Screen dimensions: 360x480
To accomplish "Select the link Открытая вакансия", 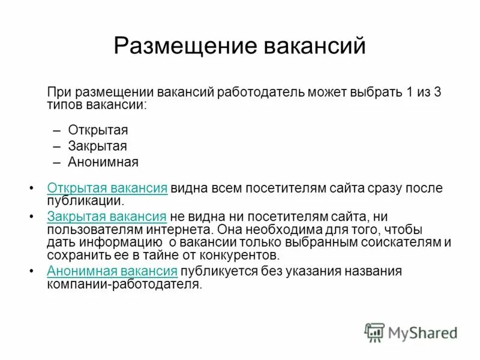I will point(107,188).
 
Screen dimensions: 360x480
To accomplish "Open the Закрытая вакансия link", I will point(106,217).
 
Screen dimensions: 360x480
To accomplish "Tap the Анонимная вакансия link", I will point(112,271).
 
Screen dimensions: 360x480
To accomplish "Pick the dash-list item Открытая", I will point(98,130).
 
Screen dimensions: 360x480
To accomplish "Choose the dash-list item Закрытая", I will point(97,146).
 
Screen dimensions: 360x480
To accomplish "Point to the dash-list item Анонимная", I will point(103,162).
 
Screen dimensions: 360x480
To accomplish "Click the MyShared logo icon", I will point(374,332).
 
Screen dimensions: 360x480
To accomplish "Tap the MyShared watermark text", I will point(423,333).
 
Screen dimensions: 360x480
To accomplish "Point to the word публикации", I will point(85,201).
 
